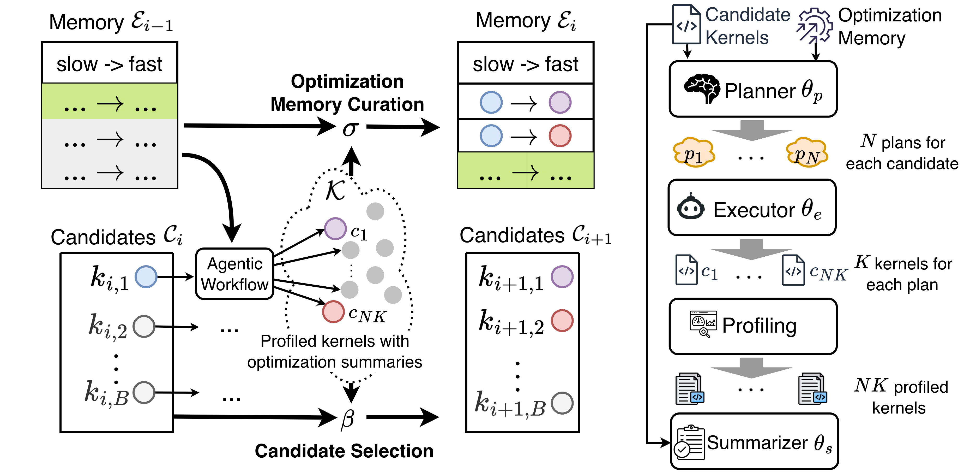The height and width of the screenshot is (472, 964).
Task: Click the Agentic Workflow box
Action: tap(235, 274)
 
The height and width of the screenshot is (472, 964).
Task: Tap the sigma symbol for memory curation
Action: tap(351, 128)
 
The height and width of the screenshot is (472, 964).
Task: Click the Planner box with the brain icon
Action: tap(753, 89)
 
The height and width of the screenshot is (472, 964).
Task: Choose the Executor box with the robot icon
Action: tap(752, 208)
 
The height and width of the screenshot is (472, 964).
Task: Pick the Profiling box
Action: tap(753, 326)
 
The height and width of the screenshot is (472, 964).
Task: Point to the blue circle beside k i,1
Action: tap(146, 276)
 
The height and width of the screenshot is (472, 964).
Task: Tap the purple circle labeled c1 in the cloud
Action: tap(335, 228)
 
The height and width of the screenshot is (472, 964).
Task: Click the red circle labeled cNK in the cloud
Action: tap(333, 312)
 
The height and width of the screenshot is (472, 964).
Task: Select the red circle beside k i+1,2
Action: tap(562, 321)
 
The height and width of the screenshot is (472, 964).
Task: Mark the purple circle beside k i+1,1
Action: tap(562, 277)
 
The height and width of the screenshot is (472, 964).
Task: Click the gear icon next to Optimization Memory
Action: tap(815, 26)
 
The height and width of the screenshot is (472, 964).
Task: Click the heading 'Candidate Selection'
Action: tap(344, 451)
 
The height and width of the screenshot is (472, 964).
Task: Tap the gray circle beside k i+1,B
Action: tap(562, 403)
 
